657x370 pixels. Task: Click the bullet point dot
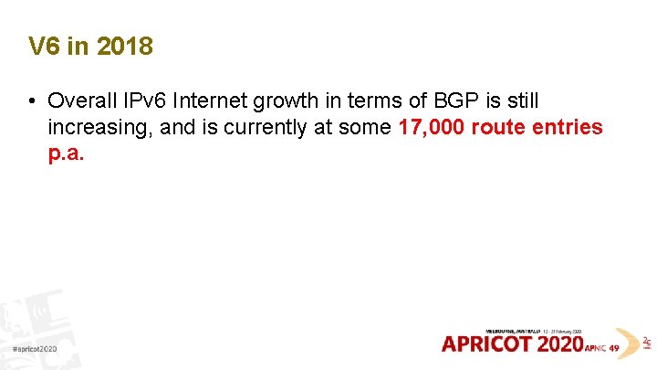(x=32, y=100)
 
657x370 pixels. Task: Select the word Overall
(x=83, y=100)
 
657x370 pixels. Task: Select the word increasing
(x=98, y=127)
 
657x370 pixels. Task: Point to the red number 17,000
(x=432, y=127)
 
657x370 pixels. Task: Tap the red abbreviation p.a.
(x=66, y=153)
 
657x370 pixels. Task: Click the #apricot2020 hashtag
(x=36, y=350)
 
